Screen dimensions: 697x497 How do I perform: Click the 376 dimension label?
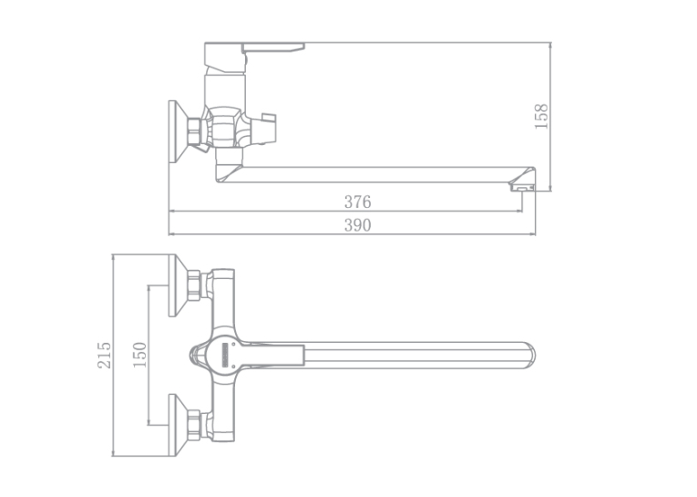tap(357, 202)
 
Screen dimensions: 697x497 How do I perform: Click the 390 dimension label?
tap(357, 225)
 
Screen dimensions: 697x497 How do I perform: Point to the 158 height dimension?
tap(541, 117)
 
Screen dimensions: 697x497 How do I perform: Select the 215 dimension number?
tap(105, 355)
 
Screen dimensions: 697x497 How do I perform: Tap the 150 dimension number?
tap(139, 355)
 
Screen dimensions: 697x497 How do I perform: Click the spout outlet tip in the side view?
tap(521, 187)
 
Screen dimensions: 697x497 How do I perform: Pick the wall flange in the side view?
tap(178, 131)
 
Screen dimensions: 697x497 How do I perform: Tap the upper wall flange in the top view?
tap(179, 285)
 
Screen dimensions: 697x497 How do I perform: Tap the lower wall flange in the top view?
tap(179, 425)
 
